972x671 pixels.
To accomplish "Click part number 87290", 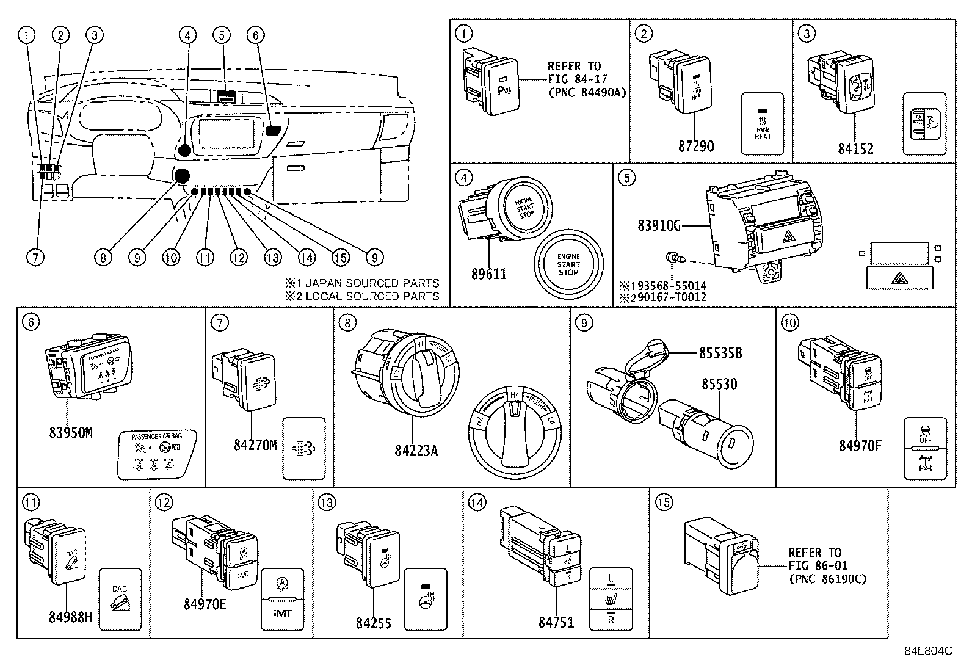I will click(x=695, y=147).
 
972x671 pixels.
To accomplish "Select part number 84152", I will click(x=855, y=148).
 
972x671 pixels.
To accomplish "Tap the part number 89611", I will click(x=488, y=274).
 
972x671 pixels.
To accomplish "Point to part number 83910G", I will click(x=659, y=226).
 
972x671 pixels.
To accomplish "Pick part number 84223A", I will click(x=416, y=451).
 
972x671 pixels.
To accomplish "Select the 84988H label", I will click(x=70, y=617).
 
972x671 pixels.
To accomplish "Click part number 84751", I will click(x=556, y=622).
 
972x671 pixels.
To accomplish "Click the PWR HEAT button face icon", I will click(x=762, y=125).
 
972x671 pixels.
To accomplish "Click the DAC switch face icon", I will click(x=120, y=600).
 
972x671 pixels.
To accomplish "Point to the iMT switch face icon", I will click(x=283, y=600).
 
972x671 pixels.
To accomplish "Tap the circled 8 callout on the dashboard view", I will click(x=103, y=258).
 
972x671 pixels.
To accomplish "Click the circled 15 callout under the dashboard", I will click(x=341, y=258).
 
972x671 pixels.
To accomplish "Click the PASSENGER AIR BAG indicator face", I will click(x=156, y=455).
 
